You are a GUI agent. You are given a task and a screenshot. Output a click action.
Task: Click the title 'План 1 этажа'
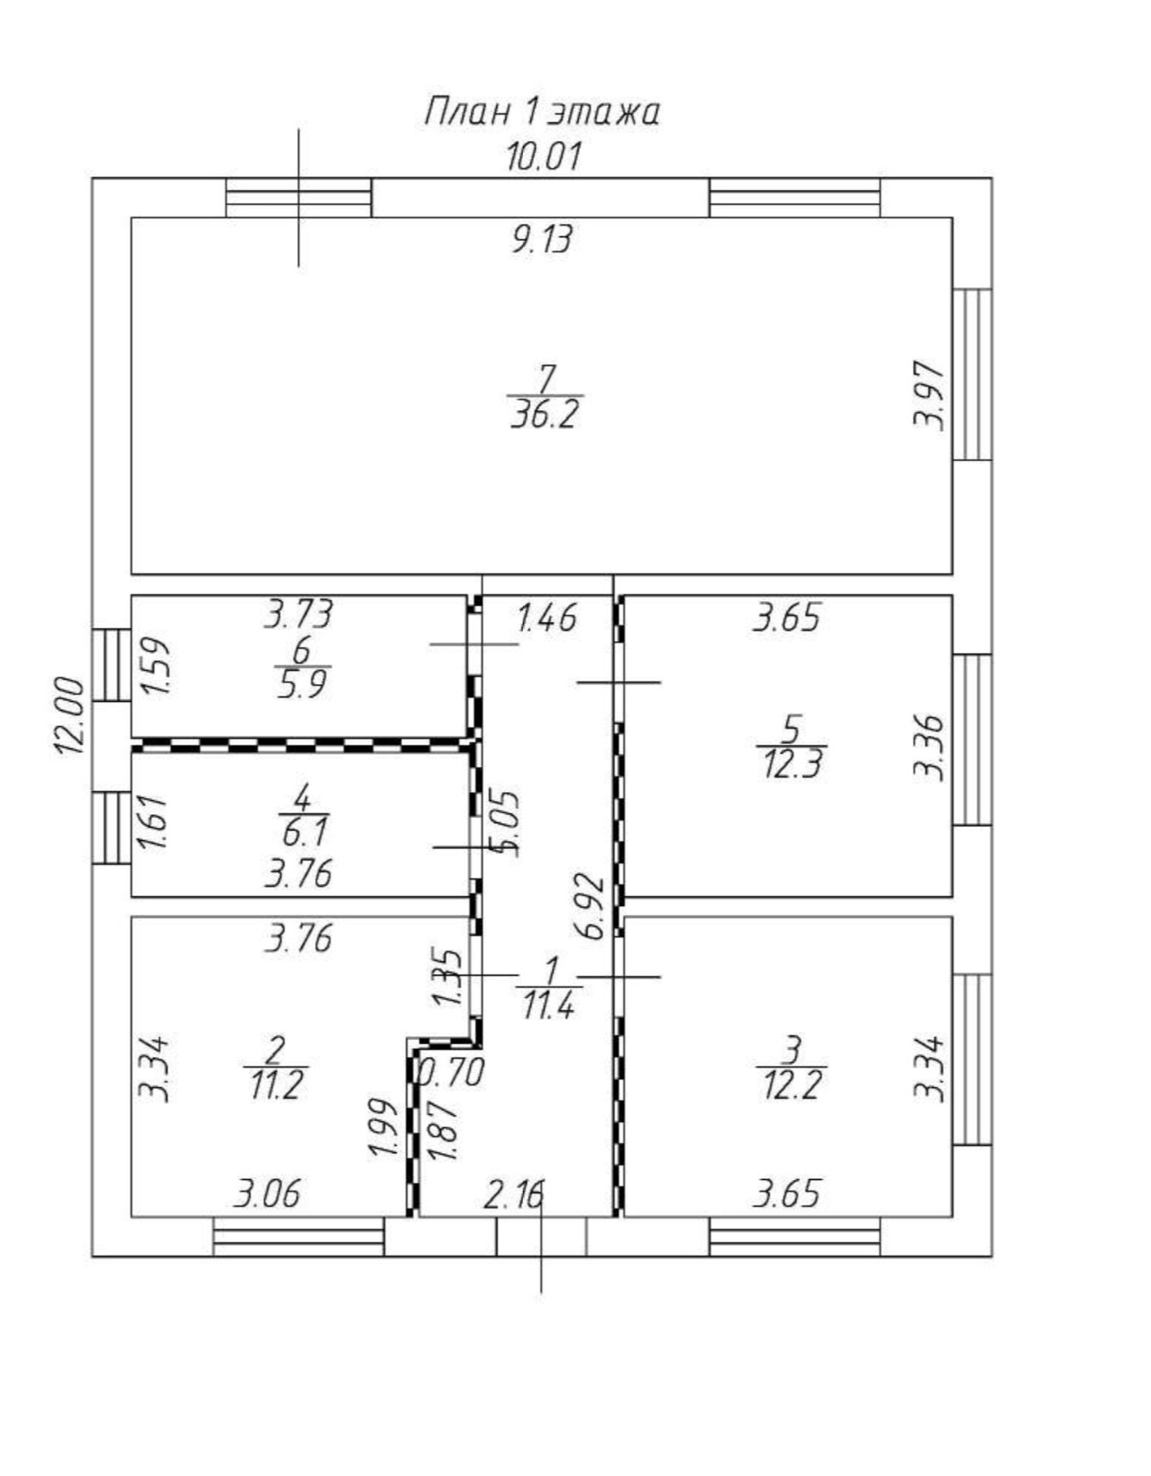tap(542, 113)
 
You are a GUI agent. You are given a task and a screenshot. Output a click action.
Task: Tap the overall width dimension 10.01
tap(543, 157)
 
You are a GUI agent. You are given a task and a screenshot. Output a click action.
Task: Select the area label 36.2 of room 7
tap(545, 415)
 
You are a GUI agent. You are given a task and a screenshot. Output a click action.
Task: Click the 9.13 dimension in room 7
tap(542, 239)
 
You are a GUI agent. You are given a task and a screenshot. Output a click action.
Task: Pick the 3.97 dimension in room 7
tap(929, 395)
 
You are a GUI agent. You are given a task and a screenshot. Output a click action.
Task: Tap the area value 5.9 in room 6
tap(302, 687)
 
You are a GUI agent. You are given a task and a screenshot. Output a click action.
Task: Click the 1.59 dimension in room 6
tap(155, 665)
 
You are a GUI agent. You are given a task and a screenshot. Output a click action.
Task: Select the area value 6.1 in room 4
tap(303, 833)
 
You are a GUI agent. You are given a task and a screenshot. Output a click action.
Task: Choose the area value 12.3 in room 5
tap(791, 765)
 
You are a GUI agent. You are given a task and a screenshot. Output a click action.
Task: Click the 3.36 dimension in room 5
tap(929, 747)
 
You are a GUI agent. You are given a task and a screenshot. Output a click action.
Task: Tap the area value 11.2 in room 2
tap(275, 1086)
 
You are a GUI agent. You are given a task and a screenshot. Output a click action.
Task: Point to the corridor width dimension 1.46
tap(547, 617)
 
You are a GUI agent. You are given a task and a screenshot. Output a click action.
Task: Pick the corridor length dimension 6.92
tap(591, 908)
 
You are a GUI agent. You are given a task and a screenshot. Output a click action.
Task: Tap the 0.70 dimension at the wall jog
tap(451, 1072)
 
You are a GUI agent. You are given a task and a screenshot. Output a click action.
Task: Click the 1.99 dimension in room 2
tap(382, 1128)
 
